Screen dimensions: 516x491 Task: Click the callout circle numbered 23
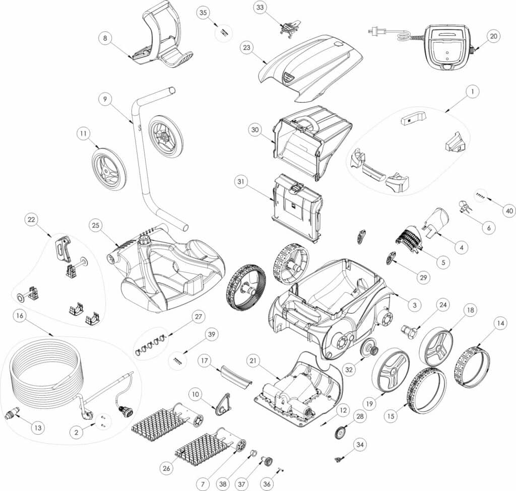pyautogui.click(x=247, y=48)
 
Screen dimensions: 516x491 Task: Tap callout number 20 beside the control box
pyautogui.click(x=494, y=36)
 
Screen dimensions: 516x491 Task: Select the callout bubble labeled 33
pyautogui.click(x=261, y=8)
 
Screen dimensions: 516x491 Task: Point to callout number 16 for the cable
pyautogui.click(x=20, y=316)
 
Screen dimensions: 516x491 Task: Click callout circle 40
pyautogui.click(x=509, y=211)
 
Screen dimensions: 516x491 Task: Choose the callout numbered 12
pyautogui.click(x=343, y=410)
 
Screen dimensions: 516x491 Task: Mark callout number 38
pyautogui.click(x=223, y=484)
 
